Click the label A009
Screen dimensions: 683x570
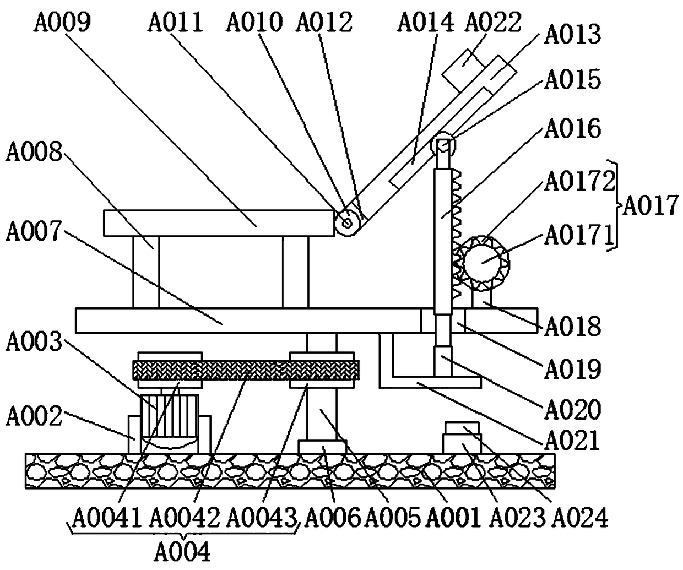(x=61, y=23)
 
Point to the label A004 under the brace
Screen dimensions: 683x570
(x=182, y=550)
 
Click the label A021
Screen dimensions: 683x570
(x=572, y=441)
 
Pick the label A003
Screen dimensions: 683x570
(x=34, y=342)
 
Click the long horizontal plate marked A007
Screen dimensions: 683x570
(x=248, y=321)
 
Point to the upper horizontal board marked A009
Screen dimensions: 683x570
(x=220, y=224)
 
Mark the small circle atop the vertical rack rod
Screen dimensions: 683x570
(x=444, y=131)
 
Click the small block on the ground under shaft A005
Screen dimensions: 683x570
(x=322, y=447)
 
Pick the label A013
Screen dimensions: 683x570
(x=572, y=34)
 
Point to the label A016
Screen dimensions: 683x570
(x=572, y=128)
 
